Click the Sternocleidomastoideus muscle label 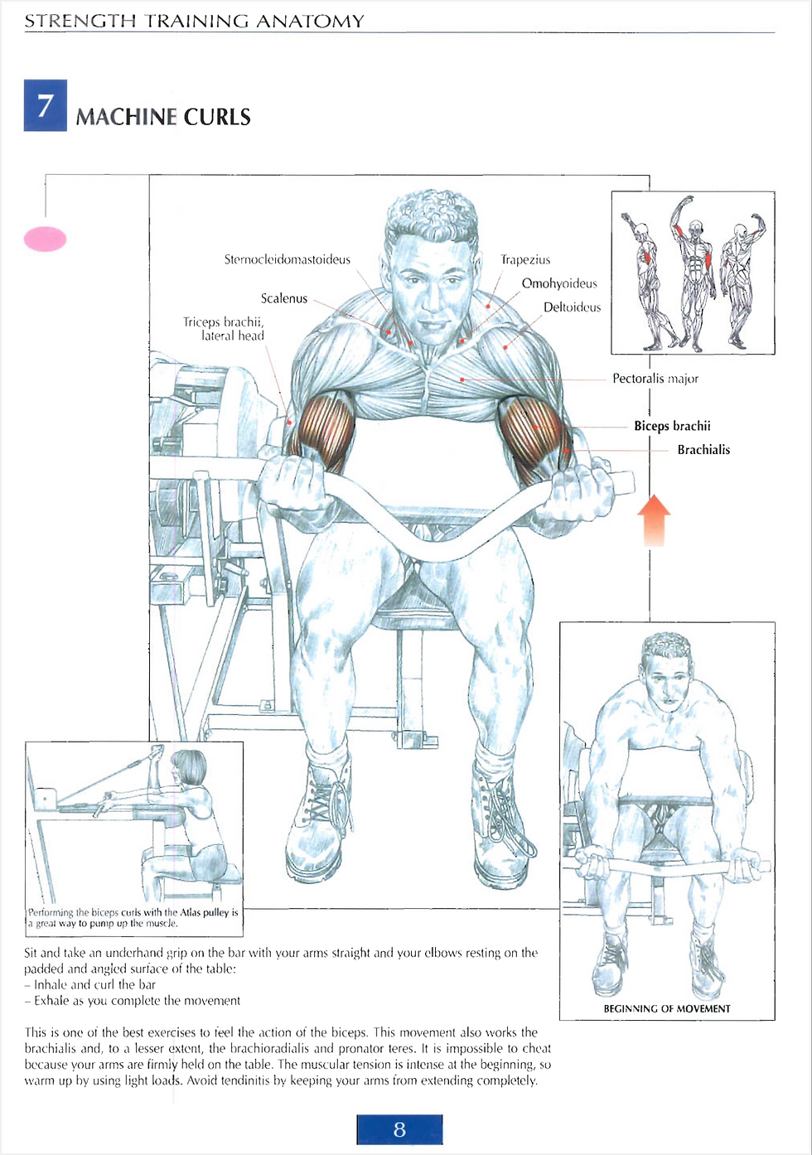[288, 259]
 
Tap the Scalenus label [283, 298]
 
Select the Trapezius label [525, 260]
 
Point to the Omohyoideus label [559, 283]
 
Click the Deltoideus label [573, 307]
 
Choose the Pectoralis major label [655, 379]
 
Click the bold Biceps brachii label [672, 426]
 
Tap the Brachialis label [703, 450]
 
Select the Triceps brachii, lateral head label [224, 328]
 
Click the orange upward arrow [654, 520]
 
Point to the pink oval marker [46, 239]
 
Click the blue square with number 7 [46, 105]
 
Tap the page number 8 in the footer [399, 1130]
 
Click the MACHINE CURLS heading [163, 117]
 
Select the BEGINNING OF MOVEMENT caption [667, 1008]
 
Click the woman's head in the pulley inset [189, 767]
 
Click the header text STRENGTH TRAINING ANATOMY [195, 21]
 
